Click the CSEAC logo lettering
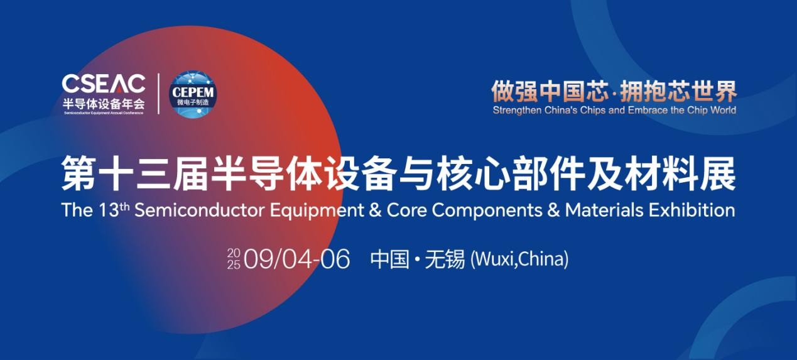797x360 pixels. (x=104, y=84)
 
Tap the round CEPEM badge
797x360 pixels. (x=193, y=94)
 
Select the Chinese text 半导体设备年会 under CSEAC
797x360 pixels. (x=104, y=104)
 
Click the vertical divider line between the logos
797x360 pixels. (x=158, y=94)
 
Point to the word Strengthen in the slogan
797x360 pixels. (x=517, y=111)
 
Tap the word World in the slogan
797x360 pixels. (x=724, y=110)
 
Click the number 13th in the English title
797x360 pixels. (x=114, y=210)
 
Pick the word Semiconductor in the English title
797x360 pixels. (x=200, y=210)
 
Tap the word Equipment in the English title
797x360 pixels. (x=317, y=211)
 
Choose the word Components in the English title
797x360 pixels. (x=487, y=211)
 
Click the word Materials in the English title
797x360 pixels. (x=604, y=210)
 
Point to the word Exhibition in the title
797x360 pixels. (x=692, y=210)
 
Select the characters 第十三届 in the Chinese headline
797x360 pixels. (x=134, y=174)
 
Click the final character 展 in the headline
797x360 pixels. (x=718, y=174)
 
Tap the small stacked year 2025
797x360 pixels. (x=234, y=259)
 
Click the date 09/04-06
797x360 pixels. (x=296, y=259)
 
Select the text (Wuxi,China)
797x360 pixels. (x=519, y=259)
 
